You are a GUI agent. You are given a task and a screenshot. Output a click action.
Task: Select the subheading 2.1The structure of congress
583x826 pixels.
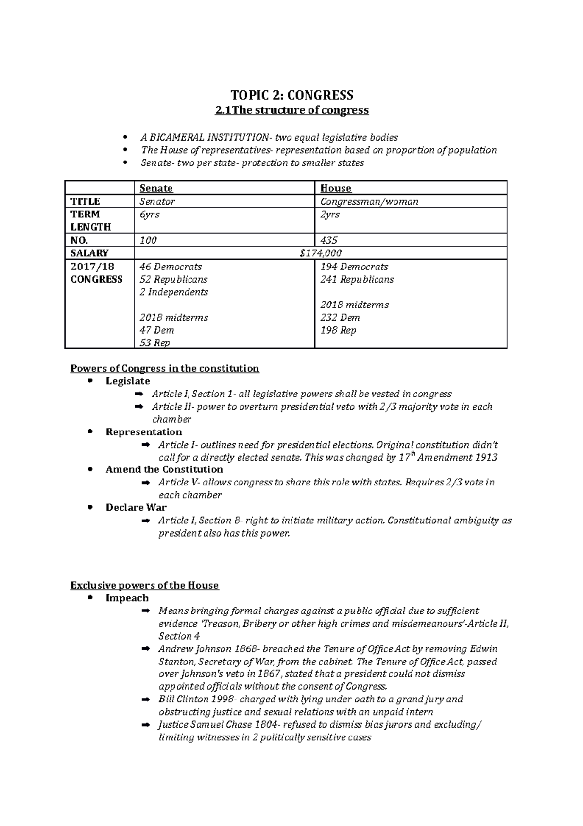291,110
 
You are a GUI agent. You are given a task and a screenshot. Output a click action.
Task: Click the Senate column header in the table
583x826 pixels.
156,188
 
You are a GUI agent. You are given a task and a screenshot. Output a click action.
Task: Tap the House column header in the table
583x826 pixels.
336,188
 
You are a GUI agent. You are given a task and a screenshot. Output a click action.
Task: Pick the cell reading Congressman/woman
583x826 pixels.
369,201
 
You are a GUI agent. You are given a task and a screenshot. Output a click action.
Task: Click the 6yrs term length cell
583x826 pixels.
149,215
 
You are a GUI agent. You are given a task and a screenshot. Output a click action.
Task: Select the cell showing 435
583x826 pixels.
329,240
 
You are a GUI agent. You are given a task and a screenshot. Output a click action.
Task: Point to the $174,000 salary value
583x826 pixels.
321,253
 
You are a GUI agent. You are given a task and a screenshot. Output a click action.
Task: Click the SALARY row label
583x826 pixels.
89,253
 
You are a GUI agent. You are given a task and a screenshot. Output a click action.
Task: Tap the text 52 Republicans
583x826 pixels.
173,280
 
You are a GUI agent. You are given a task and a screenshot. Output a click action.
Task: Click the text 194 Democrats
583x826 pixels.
354,267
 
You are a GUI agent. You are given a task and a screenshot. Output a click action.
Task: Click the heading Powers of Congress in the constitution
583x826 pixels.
165,368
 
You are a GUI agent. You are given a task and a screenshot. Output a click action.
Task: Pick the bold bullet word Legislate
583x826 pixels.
128,381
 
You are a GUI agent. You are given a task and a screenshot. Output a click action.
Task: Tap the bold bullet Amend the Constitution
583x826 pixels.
164,469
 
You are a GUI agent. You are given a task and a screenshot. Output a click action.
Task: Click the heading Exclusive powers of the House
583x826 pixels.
144,585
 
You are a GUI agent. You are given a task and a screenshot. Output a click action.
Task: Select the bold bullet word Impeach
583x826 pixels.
127,598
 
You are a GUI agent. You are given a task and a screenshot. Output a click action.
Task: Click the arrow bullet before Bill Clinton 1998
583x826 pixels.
145,700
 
